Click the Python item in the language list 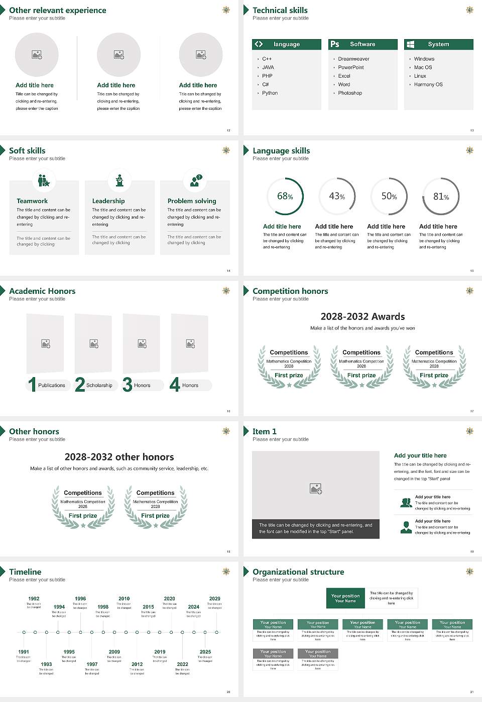[270, 93]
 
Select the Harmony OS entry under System [428, 85]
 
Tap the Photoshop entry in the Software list [349, 93]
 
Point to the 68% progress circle [285, 197]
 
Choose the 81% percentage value [441, 197]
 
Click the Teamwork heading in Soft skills [32, 201]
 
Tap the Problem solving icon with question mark [195, 181]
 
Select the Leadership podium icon [119, 181]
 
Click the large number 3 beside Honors [128, 385]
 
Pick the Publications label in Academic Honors [51, 386]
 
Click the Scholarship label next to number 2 [99, 386]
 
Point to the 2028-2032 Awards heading [363, 317]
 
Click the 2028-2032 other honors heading [119, 457]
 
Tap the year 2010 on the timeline [124, 599]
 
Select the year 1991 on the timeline [24, 652]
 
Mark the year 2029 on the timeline [214, 599]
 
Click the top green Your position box [345, 598]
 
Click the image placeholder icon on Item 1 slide [316, 488]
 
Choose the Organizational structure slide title [298, 572]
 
